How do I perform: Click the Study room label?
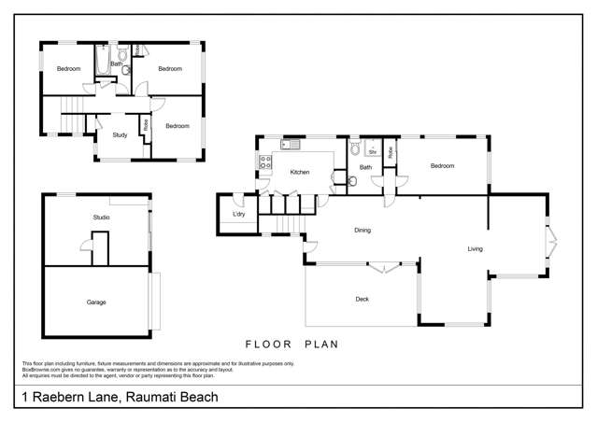120,135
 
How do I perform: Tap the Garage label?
96,302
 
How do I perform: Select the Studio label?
101,218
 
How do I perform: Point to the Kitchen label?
299,173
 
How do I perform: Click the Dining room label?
362,230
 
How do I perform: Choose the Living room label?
475,248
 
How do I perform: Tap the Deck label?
362,299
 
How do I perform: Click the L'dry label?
238,216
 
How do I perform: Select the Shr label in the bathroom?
371,150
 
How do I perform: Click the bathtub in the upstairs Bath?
102,63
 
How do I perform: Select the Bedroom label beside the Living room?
442,166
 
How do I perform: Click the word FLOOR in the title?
263,344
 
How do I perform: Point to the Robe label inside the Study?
146,124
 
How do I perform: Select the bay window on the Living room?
552,240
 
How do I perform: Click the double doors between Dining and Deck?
380,269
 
